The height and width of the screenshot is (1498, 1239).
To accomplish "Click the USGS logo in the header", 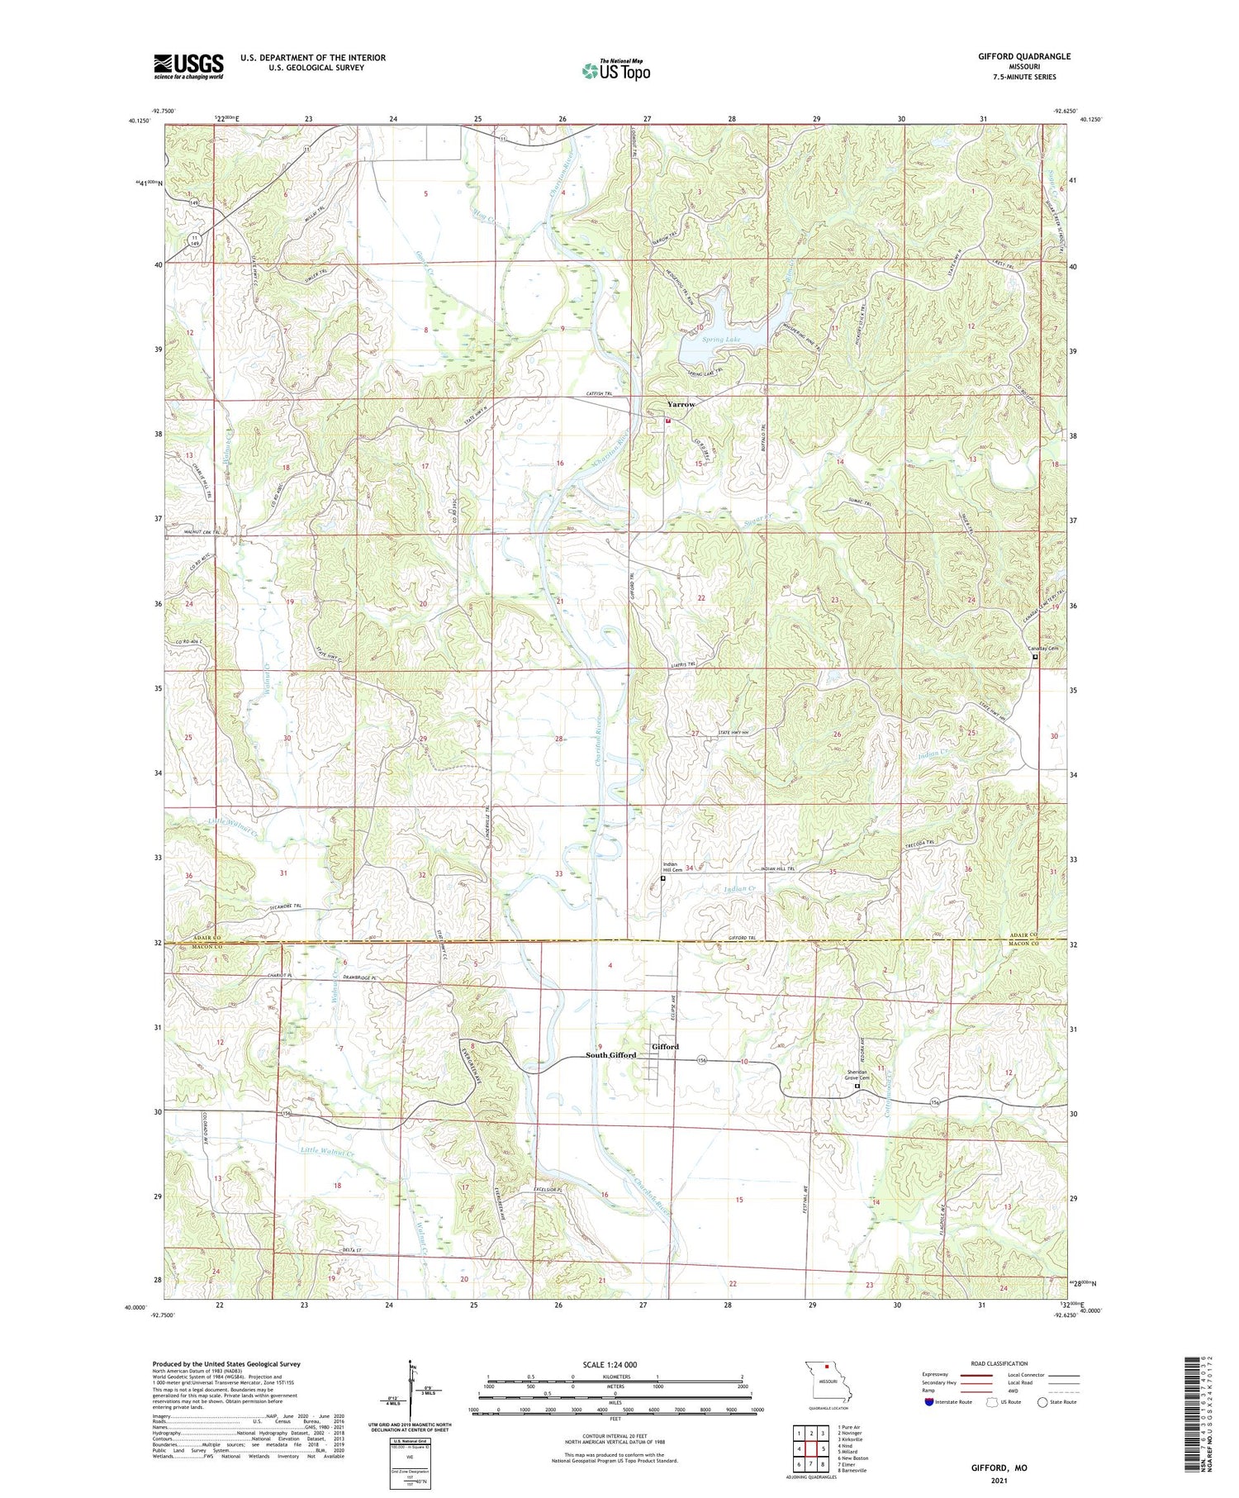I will (188, 66).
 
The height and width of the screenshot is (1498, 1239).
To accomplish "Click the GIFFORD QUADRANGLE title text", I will (1023, 56).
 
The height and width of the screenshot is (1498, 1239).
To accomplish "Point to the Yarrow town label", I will (681, 404).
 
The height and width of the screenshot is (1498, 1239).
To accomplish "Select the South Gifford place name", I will (610, 1055).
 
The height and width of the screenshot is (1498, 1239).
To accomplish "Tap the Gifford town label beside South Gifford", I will (665, 1046).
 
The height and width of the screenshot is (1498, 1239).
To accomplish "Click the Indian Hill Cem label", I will (672, 868).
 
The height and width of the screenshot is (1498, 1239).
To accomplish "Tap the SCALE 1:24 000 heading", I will (610, 1364).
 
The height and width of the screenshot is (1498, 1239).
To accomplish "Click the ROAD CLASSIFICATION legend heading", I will (999, 1363).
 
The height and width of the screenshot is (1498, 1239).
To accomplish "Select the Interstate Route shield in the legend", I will (929, 1401).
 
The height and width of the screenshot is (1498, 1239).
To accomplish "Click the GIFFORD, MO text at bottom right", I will (999, 1467).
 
